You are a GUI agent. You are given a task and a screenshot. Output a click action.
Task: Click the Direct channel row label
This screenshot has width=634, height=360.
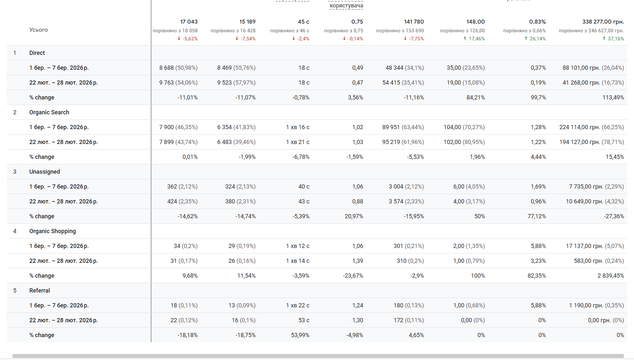click(x=37, y=53)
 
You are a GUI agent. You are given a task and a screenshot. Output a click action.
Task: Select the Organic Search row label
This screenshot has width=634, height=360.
click(x=49, y=112)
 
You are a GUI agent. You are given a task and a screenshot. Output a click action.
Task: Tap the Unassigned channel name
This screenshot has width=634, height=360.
click(x=45, y=172)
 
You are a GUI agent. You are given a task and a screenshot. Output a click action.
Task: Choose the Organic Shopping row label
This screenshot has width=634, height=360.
click(x=52, y=231)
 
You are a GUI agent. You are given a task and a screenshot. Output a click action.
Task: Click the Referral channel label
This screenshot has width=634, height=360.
click(x=39, y=291)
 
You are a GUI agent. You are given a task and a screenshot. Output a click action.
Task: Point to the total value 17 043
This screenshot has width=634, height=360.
click(x=189, y=22)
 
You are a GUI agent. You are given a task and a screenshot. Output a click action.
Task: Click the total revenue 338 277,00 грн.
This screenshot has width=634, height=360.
click(x=603, y=22)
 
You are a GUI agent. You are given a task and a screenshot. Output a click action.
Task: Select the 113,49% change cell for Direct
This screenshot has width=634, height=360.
click(x=613, y=98)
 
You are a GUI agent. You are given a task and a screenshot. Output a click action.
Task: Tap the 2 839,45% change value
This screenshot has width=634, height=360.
click(x=610, y=276)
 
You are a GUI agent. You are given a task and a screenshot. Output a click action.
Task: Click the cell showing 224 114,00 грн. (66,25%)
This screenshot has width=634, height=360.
click(x=591, y=127)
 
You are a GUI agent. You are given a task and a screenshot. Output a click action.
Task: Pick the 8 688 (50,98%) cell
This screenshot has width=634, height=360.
click(x=178, y=68)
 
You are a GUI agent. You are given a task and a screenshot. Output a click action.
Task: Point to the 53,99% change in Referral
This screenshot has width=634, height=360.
click(x=300, y=335)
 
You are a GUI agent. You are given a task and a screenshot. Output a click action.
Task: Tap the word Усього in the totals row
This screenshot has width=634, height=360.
click(x=38, y=30)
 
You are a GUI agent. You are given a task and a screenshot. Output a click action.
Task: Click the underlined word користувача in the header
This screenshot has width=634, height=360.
click(x=346, y=5)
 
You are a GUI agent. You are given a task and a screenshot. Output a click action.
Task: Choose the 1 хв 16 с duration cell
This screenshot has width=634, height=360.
click(x=297, y=127)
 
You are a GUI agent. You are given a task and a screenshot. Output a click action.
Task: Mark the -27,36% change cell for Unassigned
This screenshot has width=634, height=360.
click(x=614, y=216)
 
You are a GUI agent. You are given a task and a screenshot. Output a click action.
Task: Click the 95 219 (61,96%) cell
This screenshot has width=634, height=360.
click(x=403, y=142)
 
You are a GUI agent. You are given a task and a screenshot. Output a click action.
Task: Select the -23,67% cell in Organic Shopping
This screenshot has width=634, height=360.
click(x=353, y=276)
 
